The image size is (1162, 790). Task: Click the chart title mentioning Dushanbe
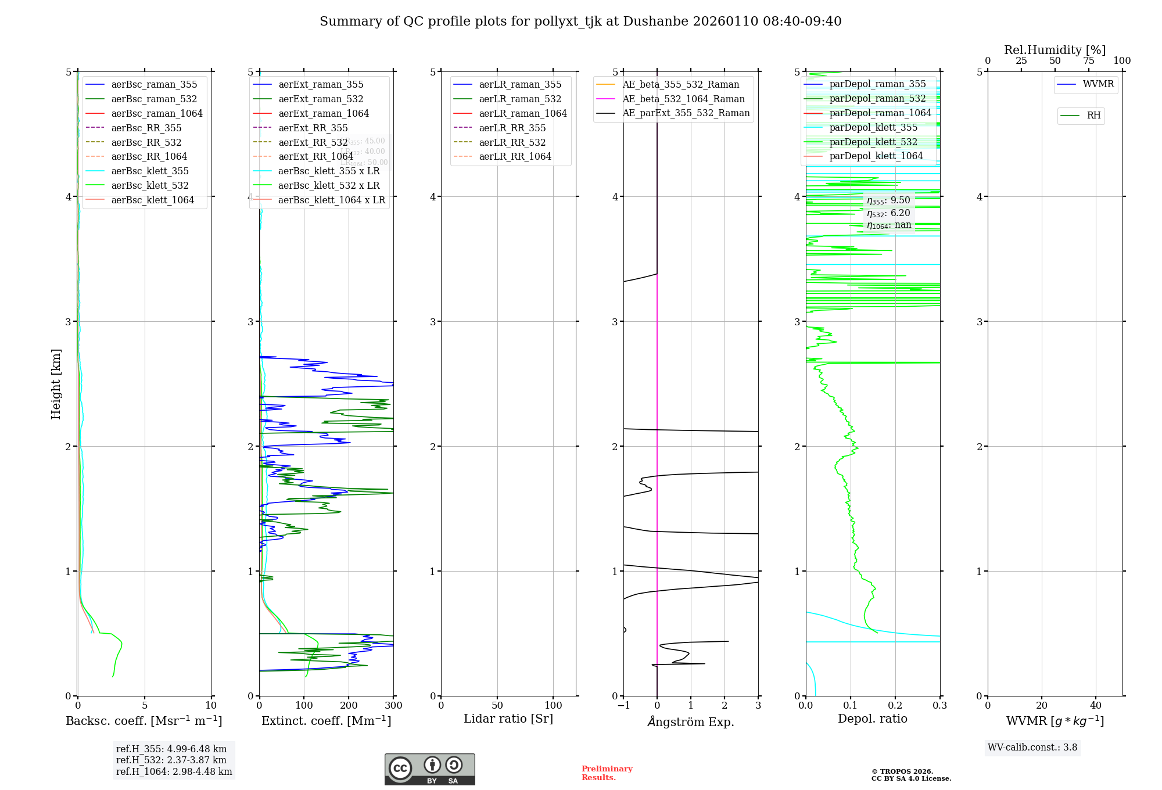(x=580, y=21)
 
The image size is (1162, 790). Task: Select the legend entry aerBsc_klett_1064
(x=152, y=200)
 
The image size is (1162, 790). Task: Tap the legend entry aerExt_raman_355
(x=321, y=85)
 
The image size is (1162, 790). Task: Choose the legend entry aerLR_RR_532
(x=512, y=142)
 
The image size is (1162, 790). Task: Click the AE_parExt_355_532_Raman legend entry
(x=686, y=113)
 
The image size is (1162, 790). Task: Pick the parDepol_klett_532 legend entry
(x=873, y=142)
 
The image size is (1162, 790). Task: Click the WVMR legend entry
(x=1098, y=84)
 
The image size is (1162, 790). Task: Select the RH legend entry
(x=1093, y=116)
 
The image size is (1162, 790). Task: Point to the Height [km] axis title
(x=56, y=384)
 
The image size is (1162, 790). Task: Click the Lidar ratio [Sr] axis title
(x=508, y=719)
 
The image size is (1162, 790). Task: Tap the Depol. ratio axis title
(x=872, y=719)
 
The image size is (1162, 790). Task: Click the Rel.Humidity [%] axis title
(x=1055, y=50)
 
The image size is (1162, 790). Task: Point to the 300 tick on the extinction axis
(x=393, y=705)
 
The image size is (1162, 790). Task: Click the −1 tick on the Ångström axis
(x=623, y=705)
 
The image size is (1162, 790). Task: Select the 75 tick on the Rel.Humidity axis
(x=1088, y=61)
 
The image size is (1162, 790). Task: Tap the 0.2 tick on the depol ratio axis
(x=895, y=705)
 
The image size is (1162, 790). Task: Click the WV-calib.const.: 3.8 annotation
(x=1032, y=748)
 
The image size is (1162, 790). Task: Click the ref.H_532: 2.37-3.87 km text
(x=171, y=760)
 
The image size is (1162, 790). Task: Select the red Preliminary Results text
(x=607, y=773)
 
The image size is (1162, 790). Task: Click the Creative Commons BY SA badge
(x=429, y=770)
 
